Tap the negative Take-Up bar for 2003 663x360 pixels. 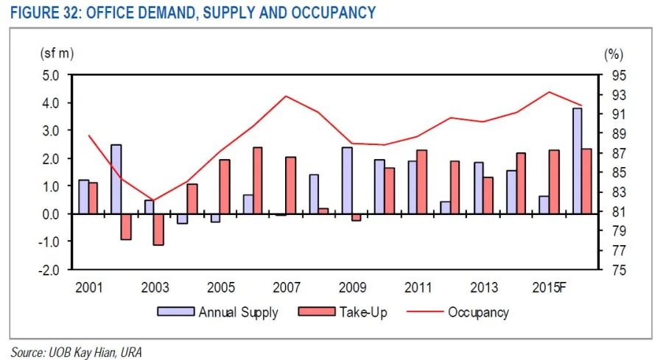(158, 229)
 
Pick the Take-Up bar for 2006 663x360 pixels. (258, 180)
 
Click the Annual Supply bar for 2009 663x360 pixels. (347, 180)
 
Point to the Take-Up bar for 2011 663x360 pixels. (422, 182)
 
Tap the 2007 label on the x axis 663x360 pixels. (287, 286)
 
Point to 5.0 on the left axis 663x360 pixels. (51, 75)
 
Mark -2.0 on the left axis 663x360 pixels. (49, 269)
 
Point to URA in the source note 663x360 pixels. (129, 352)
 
